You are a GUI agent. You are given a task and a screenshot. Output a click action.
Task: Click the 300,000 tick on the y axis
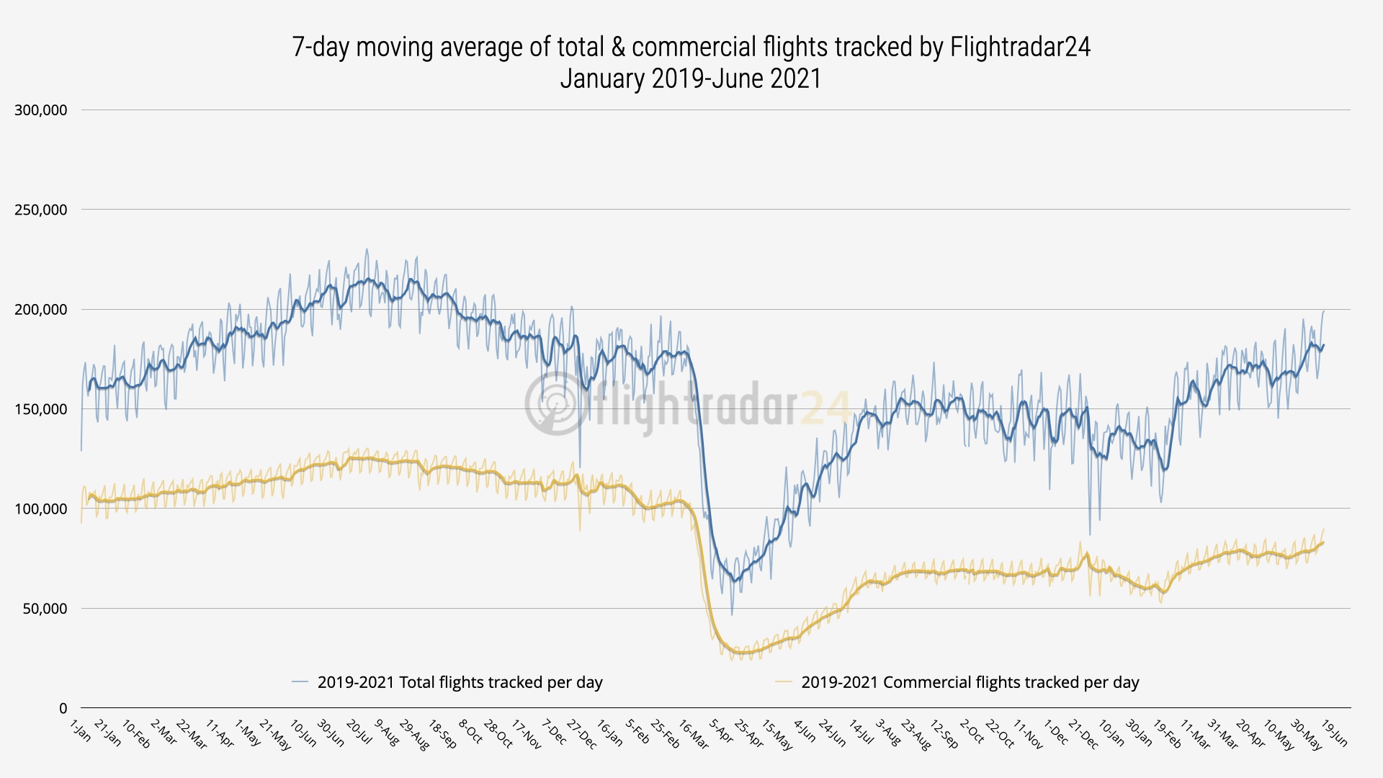tap(41, 110)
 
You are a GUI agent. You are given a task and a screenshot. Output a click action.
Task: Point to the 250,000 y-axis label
tap(41, 210)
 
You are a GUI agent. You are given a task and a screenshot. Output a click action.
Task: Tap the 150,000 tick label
tap(41, 409)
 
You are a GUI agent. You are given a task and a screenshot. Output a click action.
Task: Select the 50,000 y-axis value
tap(45, 609)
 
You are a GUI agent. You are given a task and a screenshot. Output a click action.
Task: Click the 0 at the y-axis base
tap(63, 708)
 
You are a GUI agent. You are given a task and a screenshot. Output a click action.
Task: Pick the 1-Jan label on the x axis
tap(81, 730)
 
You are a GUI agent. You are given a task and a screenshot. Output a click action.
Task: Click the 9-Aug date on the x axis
tap(386, 733)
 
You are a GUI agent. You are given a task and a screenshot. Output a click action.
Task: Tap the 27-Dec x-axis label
tap(582, 734)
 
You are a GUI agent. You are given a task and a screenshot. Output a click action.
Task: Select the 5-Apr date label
tap(721, 731)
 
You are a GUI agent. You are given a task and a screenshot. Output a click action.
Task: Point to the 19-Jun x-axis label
tap(1335, 733)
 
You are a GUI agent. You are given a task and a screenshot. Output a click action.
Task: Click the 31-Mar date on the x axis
tap(1223, 734)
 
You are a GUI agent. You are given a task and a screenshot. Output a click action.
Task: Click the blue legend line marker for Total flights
tap(300, 682)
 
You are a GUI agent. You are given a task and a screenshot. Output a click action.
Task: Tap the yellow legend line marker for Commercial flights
tap(784, 682)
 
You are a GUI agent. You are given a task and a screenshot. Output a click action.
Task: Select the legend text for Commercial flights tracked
tap(970, 682)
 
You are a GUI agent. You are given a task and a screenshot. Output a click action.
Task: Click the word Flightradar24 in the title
tap(1020, 47)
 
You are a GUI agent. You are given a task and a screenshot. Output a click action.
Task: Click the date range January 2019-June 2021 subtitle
tap(691, 79)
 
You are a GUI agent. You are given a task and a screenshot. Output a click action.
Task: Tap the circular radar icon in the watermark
tap(553, 403)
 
